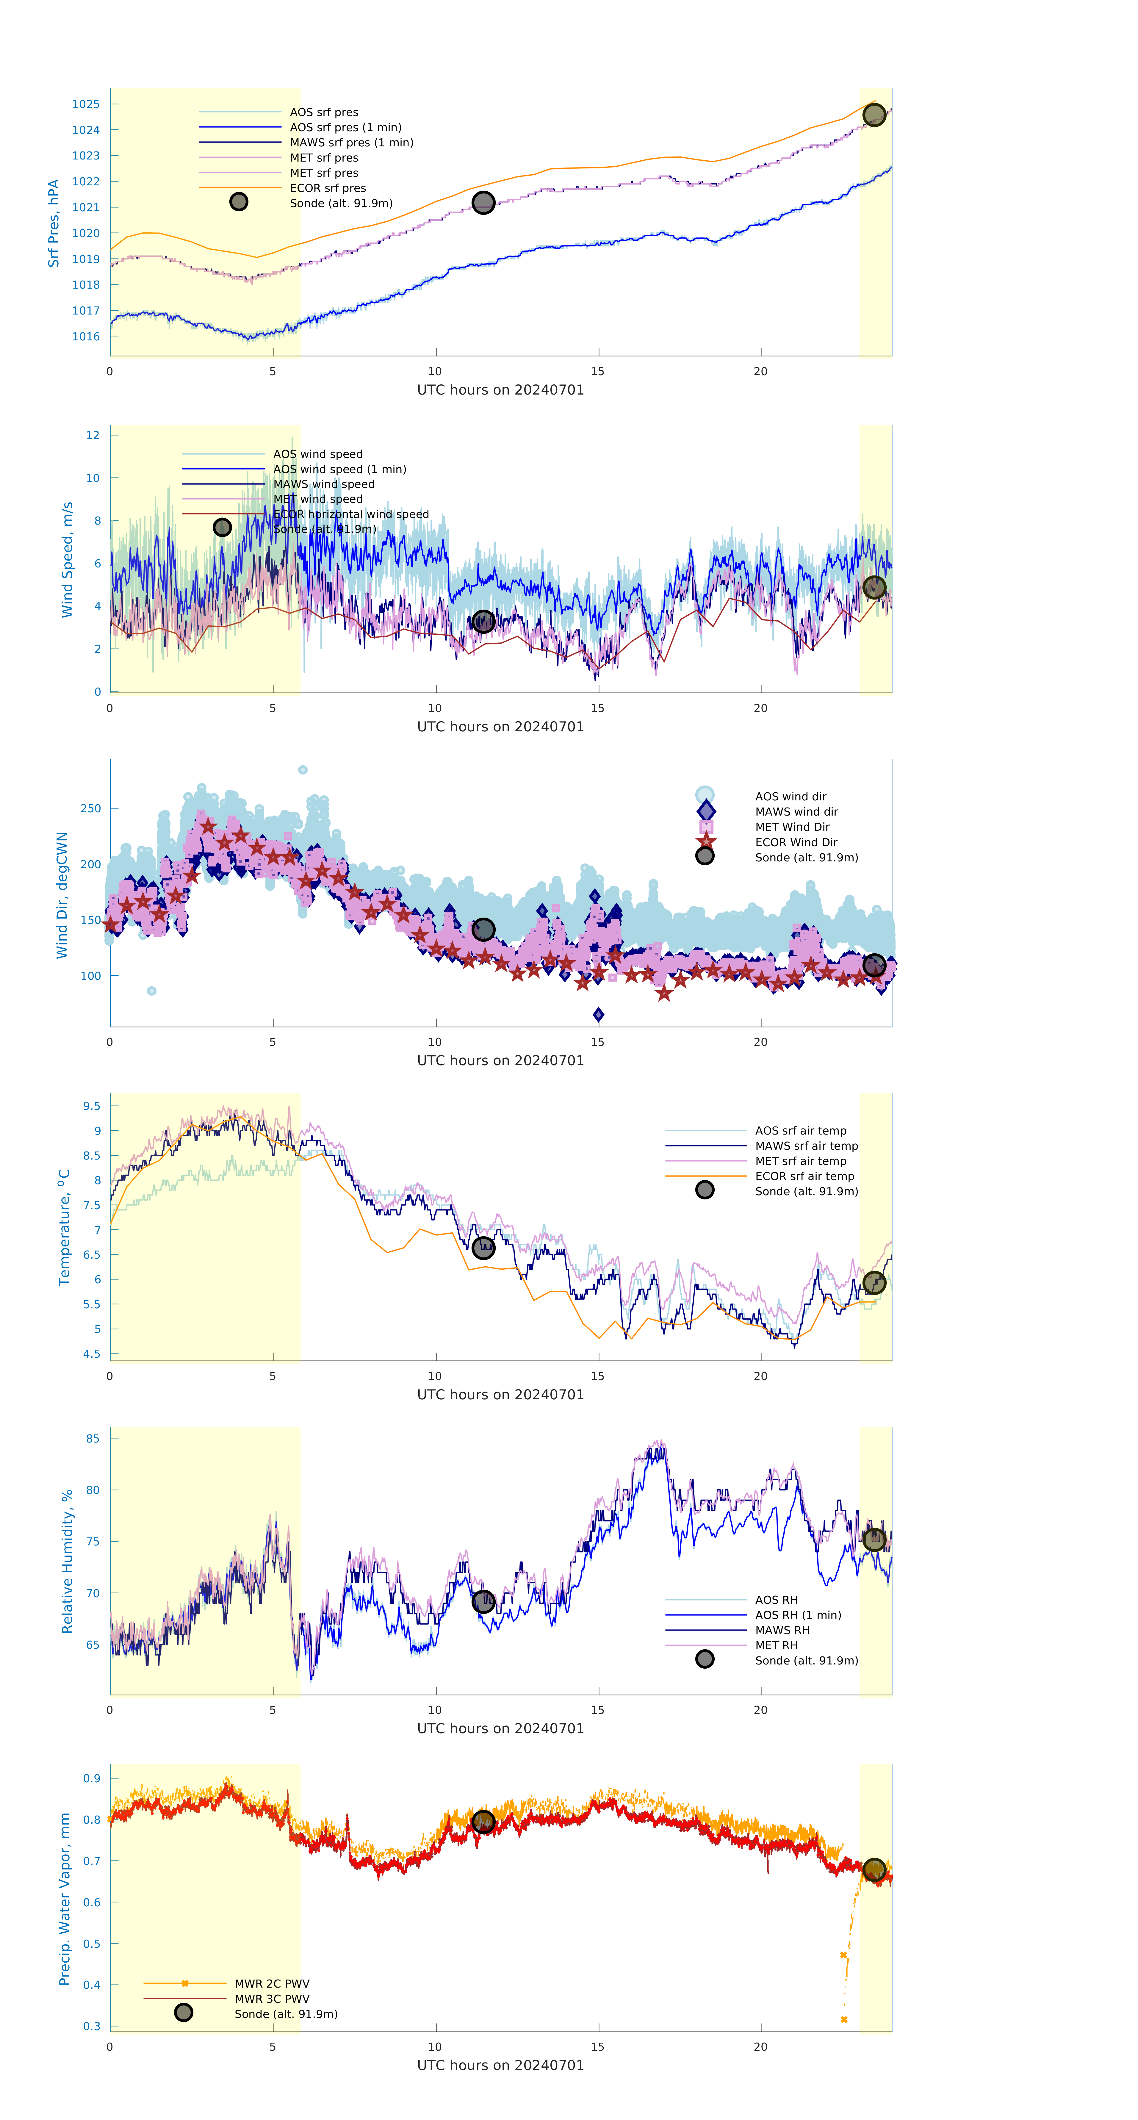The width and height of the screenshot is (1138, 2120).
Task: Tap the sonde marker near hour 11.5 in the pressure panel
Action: click(483, 202)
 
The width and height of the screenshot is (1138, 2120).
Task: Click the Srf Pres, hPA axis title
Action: click(54, 223)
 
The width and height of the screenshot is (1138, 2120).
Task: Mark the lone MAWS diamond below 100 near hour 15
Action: click(598, 1015)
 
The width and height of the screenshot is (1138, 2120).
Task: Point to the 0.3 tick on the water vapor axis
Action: click(91, 2026)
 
